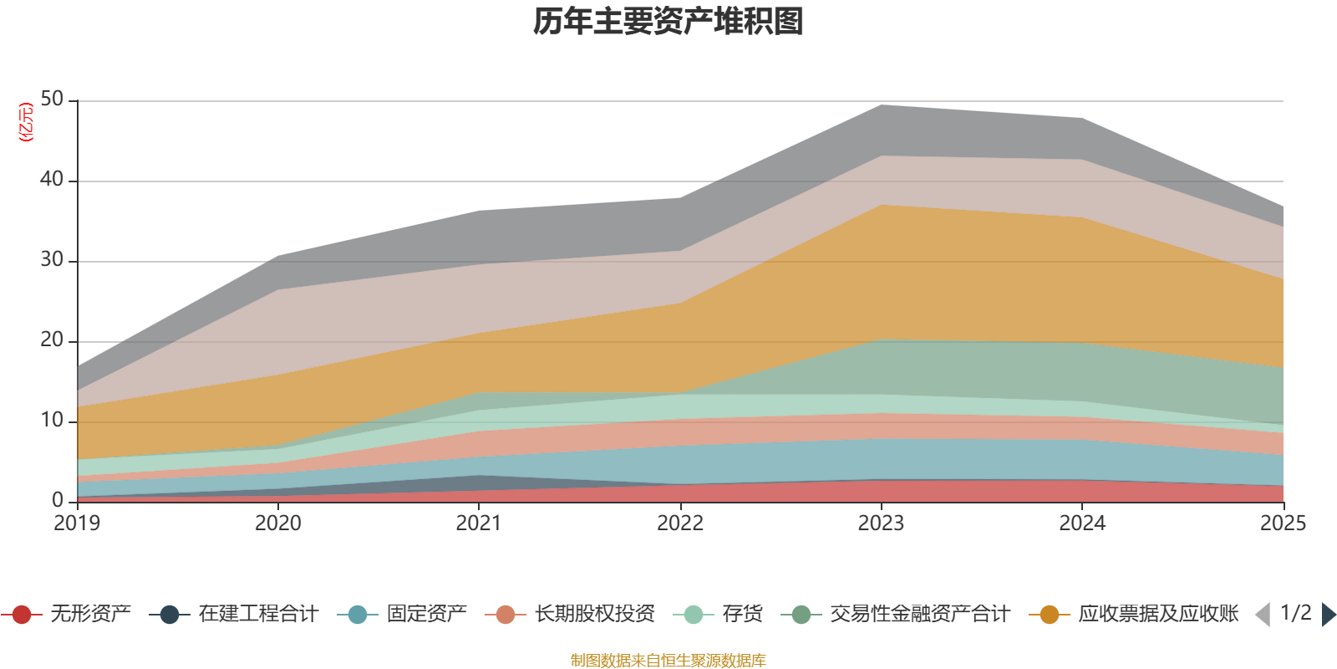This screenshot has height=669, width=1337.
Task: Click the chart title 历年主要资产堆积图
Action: coord(668,22)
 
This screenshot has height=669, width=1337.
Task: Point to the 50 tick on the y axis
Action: coord(52,100)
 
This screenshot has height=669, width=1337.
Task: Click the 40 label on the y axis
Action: coord(52,180)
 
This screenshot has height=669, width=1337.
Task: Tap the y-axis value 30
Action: coord(52,260)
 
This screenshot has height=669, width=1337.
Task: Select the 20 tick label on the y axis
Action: coord(52,340)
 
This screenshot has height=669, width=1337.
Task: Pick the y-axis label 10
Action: coord(52,421)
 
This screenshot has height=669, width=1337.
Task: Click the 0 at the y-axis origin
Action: coord(58,500)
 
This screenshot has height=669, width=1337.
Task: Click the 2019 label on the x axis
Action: coord(77,523)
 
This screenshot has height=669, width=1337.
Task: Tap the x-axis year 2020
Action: coord(277,523)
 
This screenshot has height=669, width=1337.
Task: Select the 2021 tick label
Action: coord(479,523)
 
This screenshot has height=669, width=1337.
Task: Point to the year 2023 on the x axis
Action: coord(881,523)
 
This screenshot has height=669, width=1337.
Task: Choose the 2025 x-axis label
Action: coord(1282,523)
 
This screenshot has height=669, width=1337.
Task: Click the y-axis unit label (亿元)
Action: coord(26,122)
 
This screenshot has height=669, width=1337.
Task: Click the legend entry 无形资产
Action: coord(90,615)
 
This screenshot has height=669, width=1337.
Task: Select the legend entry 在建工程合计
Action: coord(257,615)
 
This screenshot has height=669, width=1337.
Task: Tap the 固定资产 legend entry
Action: coord(426,615)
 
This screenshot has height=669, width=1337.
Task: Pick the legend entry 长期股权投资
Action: coord(594,615)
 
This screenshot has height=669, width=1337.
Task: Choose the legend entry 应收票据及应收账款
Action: coord(1157,615)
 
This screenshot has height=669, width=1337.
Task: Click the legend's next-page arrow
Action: coord(1328,615)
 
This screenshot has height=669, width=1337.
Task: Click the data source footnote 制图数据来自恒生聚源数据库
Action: coord(668,661)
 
